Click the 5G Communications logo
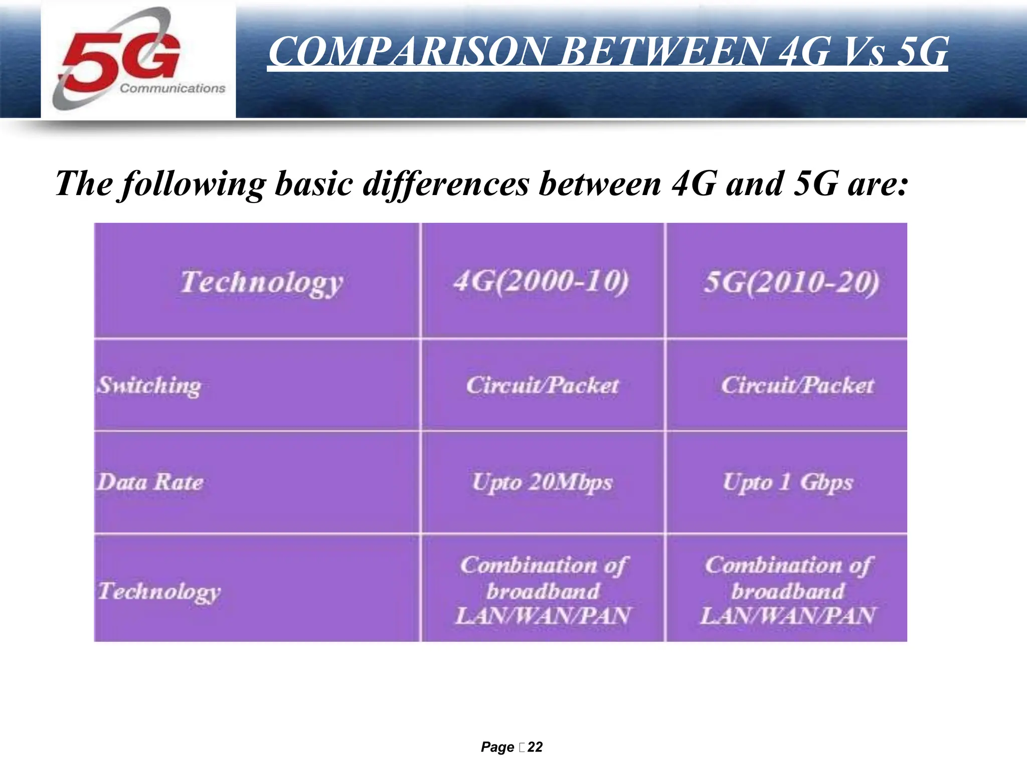coord(138,59)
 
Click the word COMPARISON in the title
coord(406,51)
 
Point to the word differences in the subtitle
coord(446,183)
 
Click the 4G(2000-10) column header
coord(541,281)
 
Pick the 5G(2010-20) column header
coord(791,282)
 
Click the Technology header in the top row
coord(261,282)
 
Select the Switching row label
coord(149,386)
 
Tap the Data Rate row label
coord(150,482)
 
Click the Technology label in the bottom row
coord(159,591)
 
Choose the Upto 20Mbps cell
coord(542,482)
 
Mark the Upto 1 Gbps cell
coord(787,482)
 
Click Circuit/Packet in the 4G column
coord(542,386)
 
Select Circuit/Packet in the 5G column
coord(797,386)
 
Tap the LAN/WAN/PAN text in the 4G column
coord(542,616)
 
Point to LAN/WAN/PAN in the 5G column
coord(787,616)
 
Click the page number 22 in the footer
coord(535,747)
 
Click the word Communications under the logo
coord(173,88)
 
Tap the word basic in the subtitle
coord(314,183)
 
